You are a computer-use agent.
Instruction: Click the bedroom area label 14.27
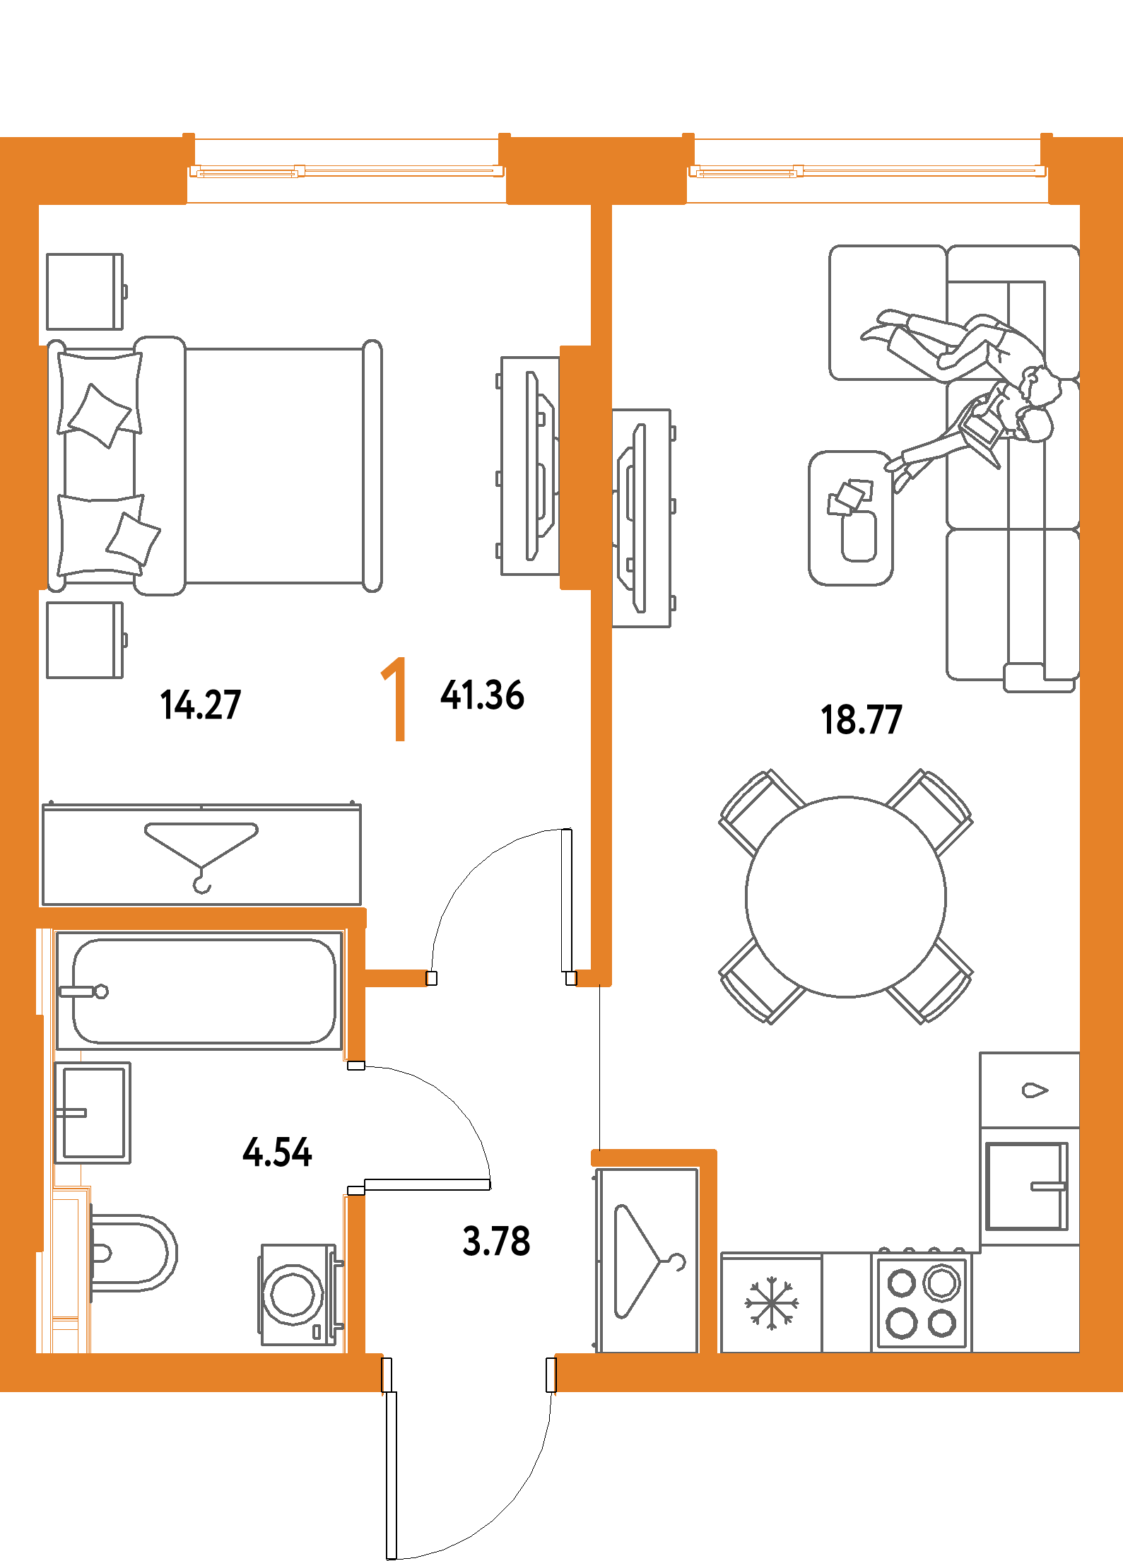(201, 705)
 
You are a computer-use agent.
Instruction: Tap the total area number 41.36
(483, 695)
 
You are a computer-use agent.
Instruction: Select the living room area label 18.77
(862, 719)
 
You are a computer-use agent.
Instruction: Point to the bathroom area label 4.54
(277, 1152)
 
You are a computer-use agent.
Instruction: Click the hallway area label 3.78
(496, 1241)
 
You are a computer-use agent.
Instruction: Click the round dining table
(845, 897)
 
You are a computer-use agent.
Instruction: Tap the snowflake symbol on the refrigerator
(771, 1302)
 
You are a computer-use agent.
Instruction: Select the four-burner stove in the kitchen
(922, 1302)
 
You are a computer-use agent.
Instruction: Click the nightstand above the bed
(85, 292)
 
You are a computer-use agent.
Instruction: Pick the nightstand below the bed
(85, 640)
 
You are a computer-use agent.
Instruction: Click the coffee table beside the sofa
(851, 518)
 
